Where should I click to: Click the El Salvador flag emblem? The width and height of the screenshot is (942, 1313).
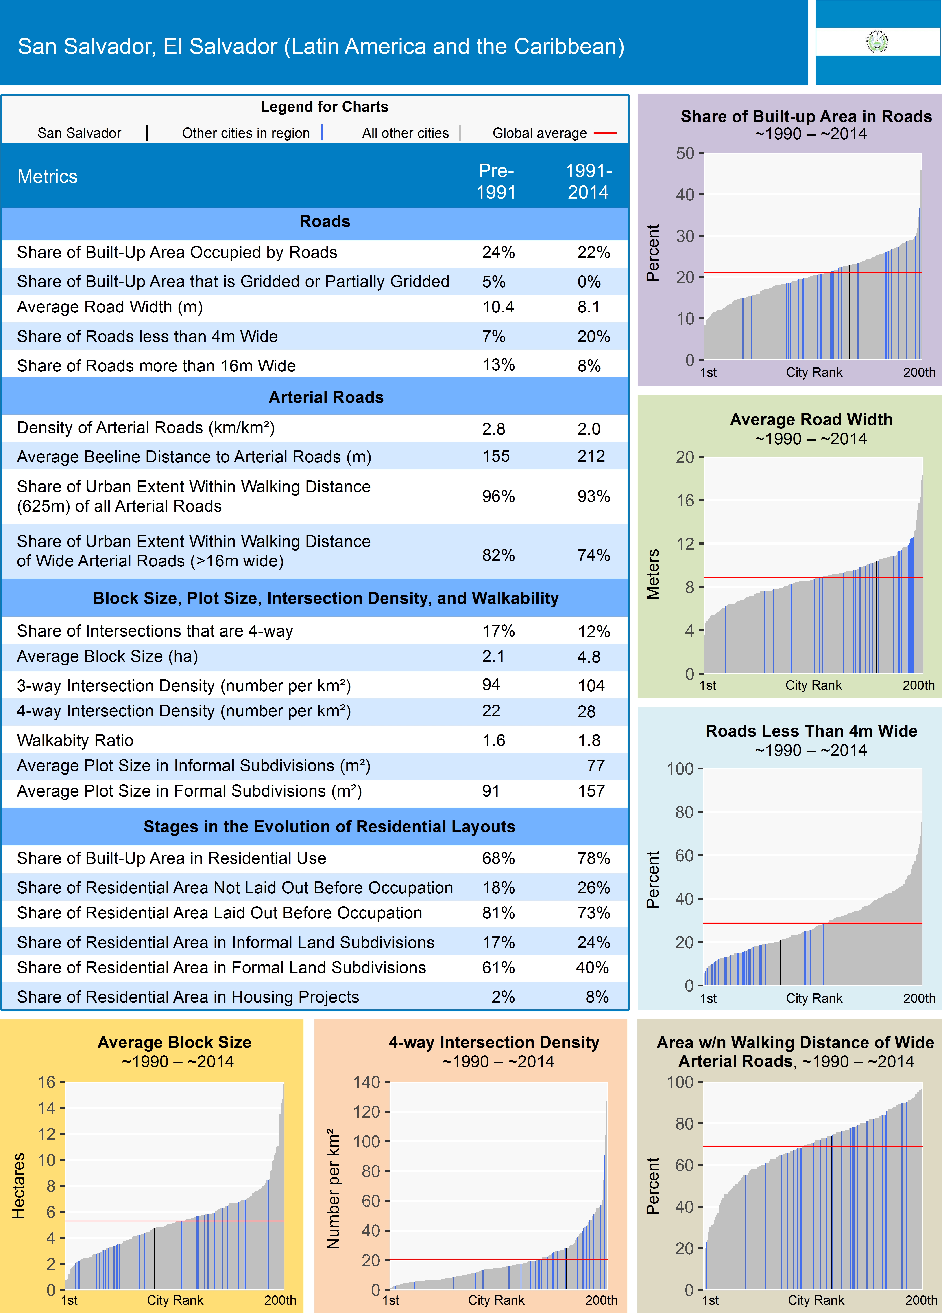pos(877,42)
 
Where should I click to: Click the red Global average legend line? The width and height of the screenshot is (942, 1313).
pos(605,133)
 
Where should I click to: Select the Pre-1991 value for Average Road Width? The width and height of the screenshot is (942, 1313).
pos(498,307)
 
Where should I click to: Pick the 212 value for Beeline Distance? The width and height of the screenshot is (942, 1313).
pos(591,456)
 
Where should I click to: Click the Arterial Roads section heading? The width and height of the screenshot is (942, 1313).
pos(326,397)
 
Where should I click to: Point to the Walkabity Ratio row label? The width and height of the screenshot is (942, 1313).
pos(75,740)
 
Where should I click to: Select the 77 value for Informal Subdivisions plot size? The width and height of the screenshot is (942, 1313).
pos(595,766)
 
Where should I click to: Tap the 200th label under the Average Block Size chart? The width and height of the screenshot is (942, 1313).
pos(280,1300)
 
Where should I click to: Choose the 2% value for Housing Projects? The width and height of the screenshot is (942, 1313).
pos(503,997)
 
